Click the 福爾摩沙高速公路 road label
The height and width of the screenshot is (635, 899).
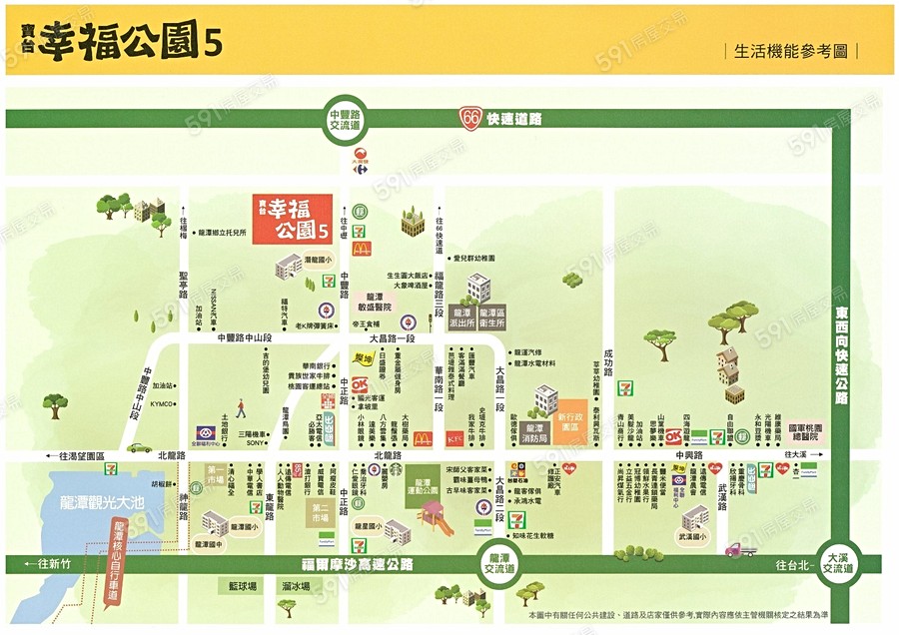tap(359, 564)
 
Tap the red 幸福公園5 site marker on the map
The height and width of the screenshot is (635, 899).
tap(291, 219)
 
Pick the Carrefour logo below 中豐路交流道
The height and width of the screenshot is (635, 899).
tap(361, 157)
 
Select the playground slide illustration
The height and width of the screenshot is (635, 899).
tap(436, 518)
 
